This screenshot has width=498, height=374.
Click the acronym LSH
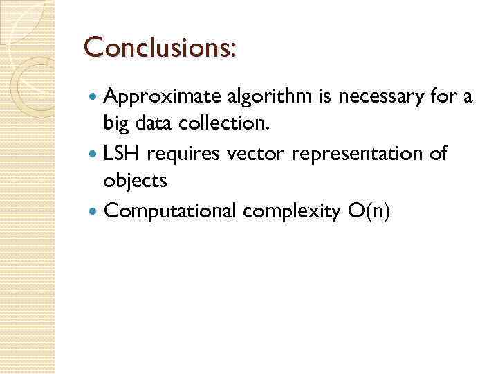point(122,154)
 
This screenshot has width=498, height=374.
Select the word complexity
point(298,211)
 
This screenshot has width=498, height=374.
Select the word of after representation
point(438,154)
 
